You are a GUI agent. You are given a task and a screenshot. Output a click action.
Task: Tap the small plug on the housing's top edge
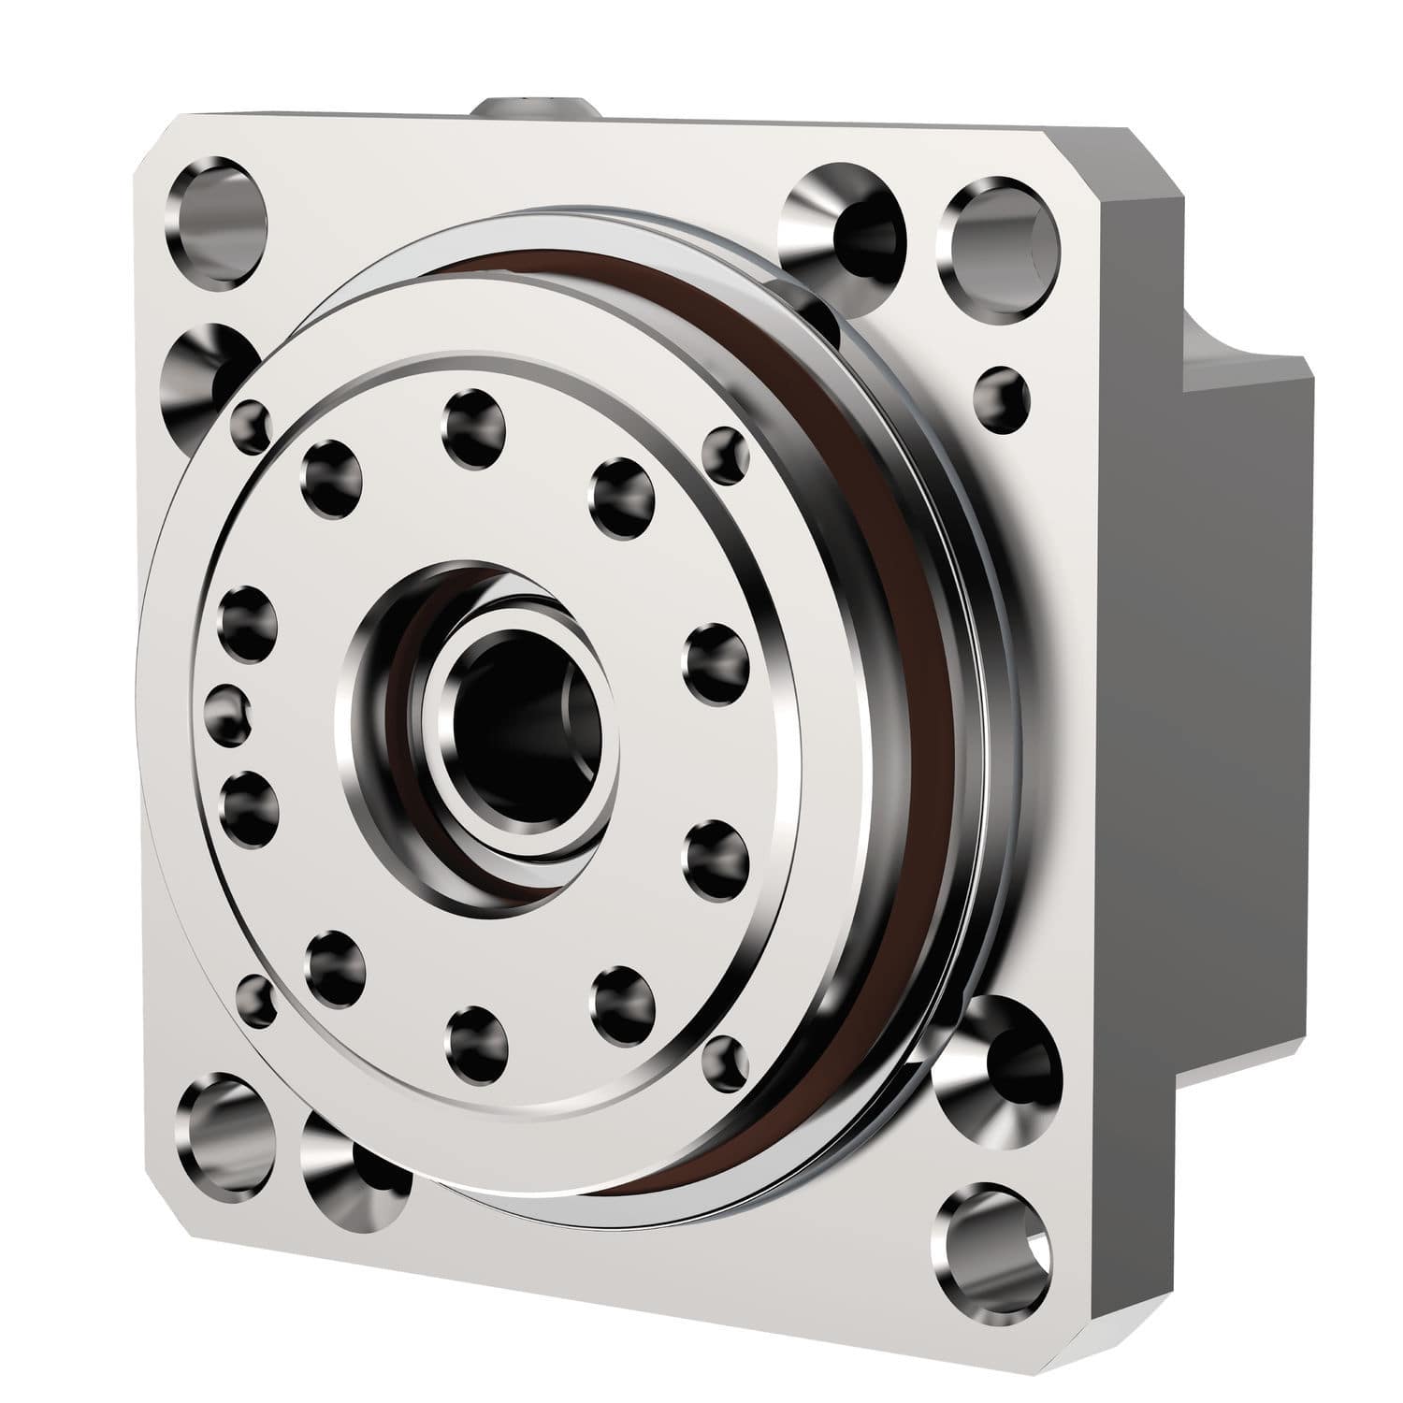coord(536,106)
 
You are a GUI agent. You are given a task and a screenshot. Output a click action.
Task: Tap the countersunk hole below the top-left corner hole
coord(208,369)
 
